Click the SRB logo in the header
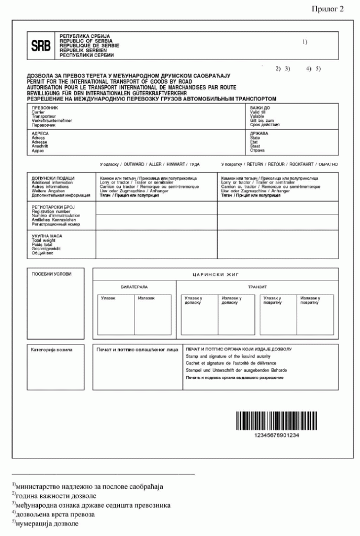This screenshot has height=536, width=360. (41, 45)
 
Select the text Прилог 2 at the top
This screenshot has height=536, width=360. (328, 9)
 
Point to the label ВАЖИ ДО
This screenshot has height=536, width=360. (260, 108)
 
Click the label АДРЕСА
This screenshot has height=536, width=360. (40, 133)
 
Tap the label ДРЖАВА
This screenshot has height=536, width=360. (260, 133)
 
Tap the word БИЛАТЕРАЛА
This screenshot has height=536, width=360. (134, 287)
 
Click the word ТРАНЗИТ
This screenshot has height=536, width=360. (257, 287)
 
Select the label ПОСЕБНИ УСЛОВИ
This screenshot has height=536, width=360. (51, 274)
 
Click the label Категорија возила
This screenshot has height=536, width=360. (52, 349)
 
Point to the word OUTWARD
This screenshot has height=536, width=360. (134, 164)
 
